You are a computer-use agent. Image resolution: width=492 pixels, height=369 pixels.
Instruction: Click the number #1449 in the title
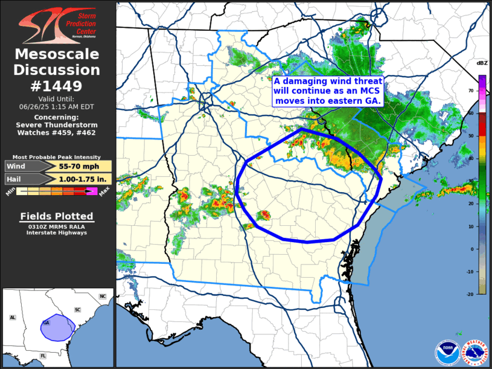click(57, 86)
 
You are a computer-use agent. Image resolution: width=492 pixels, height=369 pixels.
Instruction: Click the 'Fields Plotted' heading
click(57, 216)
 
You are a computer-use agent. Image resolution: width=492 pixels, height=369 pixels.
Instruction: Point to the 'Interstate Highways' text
click(57, 233)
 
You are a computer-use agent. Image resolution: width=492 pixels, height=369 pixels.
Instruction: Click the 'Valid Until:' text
click(57, 98)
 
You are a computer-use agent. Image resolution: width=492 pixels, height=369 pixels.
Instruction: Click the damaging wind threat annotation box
click(328, 91)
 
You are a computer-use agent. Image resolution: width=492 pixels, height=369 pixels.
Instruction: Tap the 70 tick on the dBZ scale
click(471, 90)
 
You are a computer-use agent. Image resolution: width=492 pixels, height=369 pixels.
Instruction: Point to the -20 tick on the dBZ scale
click(470, 294)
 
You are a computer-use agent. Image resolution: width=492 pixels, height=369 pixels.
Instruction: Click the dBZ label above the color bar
click(481, 63)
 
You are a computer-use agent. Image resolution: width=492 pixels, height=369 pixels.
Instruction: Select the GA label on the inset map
click(46, 322)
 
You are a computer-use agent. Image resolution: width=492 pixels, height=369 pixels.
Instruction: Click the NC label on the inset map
click(102, 297)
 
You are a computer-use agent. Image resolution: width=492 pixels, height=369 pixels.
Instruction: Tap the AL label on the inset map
click(12, 317)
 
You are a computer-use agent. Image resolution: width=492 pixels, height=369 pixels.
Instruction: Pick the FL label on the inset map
click(43, 356)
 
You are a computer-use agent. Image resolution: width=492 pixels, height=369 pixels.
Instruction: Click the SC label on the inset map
click(77, 310)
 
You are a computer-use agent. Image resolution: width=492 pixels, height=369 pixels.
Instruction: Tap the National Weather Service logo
click(475, 351)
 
